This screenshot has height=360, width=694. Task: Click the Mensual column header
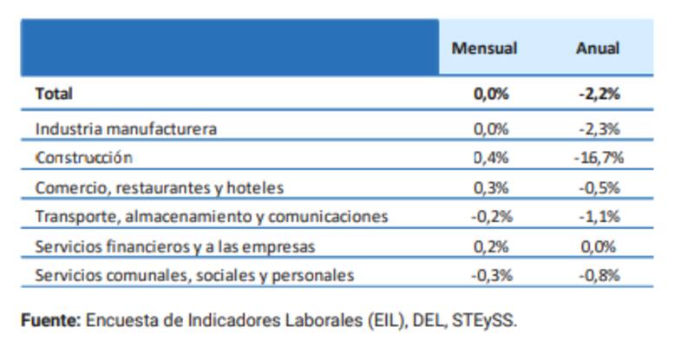[484, 49]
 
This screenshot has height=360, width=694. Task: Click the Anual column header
[598, 49]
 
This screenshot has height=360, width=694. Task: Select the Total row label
[54, 94]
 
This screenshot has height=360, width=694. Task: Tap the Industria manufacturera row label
[126, 128]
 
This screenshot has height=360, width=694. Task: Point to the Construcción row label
[83, 158]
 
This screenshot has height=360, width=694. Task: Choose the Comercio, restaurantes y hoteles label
[160, 187]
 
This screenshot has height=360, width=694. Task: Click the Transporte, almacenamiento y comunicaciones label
[212, 217]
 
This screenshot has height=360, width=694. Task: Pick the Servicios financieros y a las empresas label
[174, 246]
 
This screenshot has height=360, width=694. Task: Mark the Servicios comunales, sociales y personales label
[194, 276]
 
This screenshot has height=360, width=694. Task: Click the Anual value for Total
[599, 94]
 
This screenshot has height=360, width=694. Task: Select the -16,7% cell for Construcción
[599, 158]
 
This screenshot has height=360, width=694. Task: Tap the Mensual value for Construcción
[491, 158]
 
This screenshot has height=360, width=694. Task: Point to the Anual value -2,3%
[599, 128]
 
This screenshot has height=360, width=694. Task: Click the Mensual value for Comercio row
[491, 187]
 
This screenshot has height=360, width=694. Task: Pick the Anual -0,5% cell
[599, 187]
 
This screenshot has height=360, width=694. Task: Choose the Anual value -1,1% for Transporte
[599, 217]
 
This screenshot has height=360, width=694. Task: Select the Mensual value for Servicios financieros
[491, 246]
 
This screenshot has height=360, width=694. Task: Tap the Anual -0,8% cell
[599, 276]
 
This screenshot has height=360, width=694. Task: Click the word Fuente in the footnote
[50, 320]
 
